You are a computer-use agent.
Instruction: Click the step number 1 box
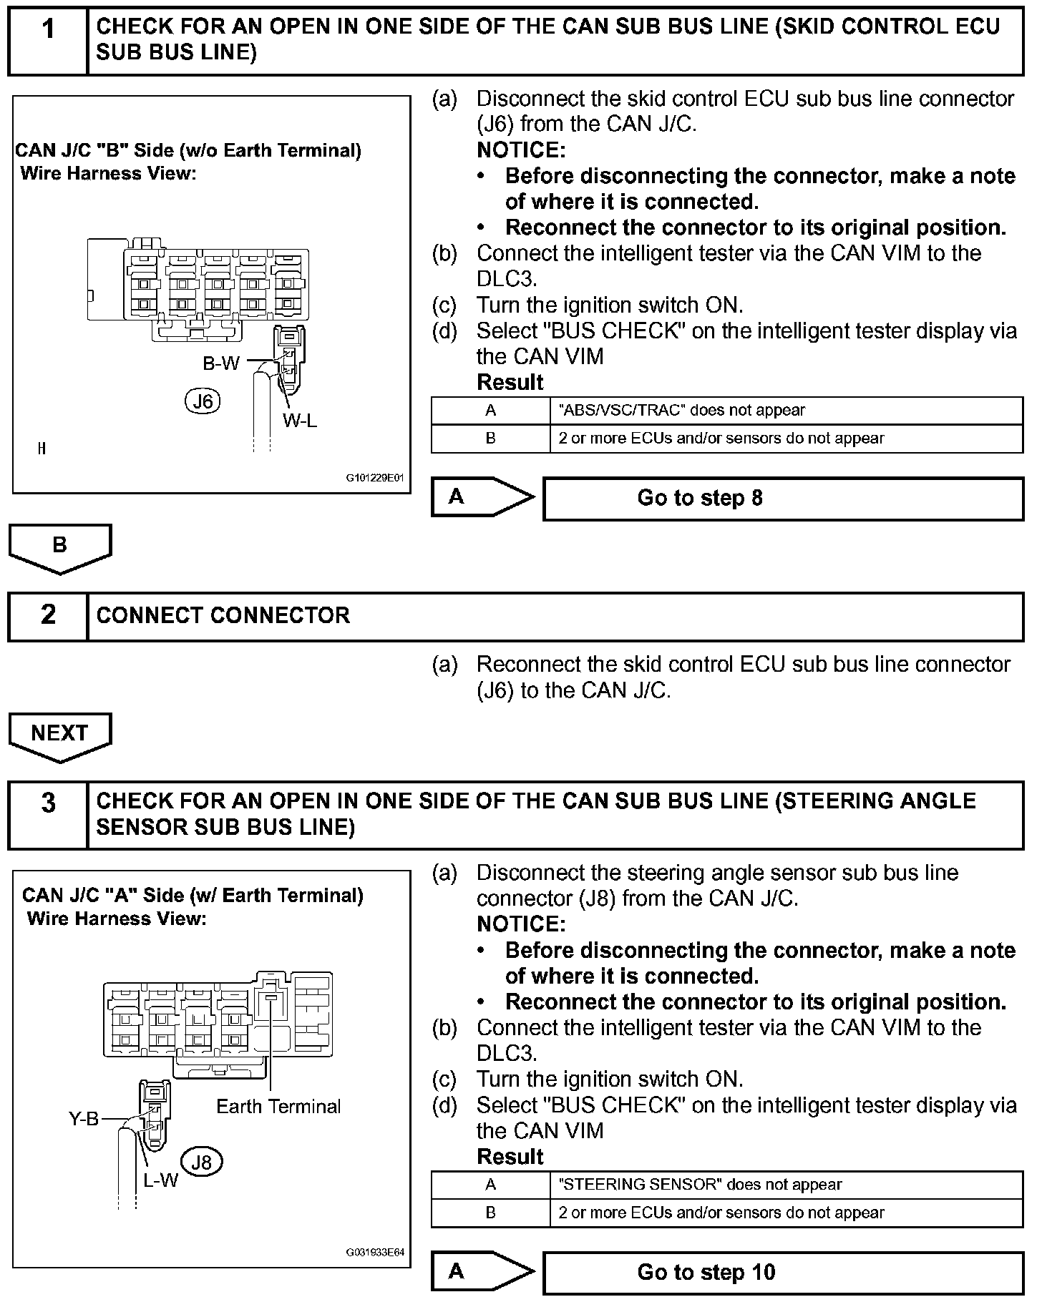coord(47,40)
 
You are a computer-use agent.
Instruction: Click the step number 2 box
coord(47,615)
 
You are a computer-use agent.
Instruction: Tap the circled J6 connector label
coord(203,401)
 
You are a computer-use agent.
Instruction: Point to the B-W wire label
coord(221,364)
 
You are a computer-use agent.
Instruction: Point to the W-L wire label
coord(299,421)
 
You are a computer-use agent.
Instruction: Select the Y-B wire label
coord(84,1119)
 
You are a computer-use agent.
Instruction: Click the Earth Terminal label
coord(278,1107)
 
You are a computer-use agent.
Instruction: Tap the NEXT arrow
coord(60,735)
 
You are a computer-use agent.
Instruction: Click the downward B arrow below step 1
coord(60,547)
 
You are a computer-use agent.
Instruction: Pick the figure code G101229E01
coord(376,478)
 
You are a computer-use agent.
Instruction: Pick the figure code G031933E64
coord(376,1252)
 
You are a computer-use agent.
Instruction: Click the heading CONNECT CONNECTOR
coord(223,615)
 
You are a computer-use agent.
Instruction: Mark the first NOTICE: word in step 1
coord(521,150)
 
